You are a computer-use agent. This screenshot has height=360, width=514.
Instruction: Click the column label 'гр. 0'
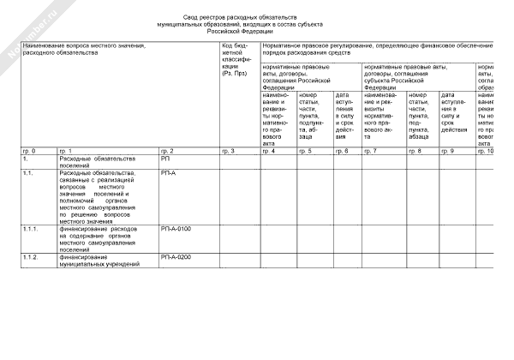point(28,151)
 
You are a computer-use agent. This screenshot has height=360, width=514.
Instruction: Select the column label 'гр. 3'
point(228,151)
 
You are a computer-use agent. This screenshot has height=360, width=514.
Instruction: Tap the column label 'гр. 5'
point(305,151)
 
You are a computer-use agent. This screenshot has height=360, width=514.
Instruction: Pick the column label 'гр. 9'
point(446,151)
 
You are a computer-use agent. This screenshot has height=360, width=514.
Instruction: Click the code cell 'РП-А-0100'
point(176,229)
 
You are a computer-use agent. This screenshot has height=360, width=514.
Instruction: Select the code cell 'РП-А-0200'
point(176,256)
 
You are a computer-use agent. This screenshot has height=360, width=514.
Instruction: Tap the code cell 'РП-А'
point(168,172)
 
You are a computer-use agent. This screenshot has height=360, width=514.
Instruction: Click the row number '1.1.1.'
point(32,229)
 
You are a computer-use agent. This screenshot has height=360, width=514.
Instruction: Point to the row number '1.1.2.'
point(32,256)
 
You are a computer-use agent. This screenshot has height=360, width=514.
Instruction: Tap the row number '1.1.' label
point(28,172)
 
